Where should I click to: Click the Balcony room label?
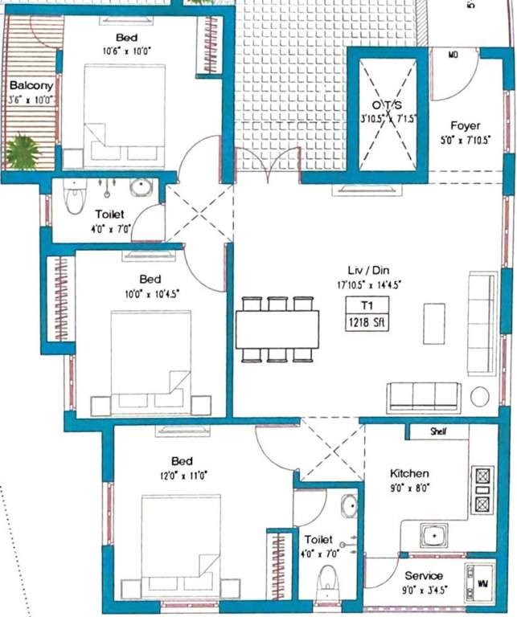[x=31, y=86]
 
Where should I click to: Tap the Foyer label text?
[x=465, y=126]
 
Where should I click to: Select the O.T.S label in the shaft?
[x=388, y=106]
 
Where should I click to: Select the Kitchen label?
[x=409, y=473]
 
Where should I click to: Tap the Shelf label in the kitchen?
[x=438, y=431]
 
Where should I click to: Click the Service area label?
[x=424, y=575]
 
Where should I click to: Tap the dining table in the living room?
[x=277, y=329]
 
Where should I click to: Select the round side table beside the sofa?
[x=481, y=397]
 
